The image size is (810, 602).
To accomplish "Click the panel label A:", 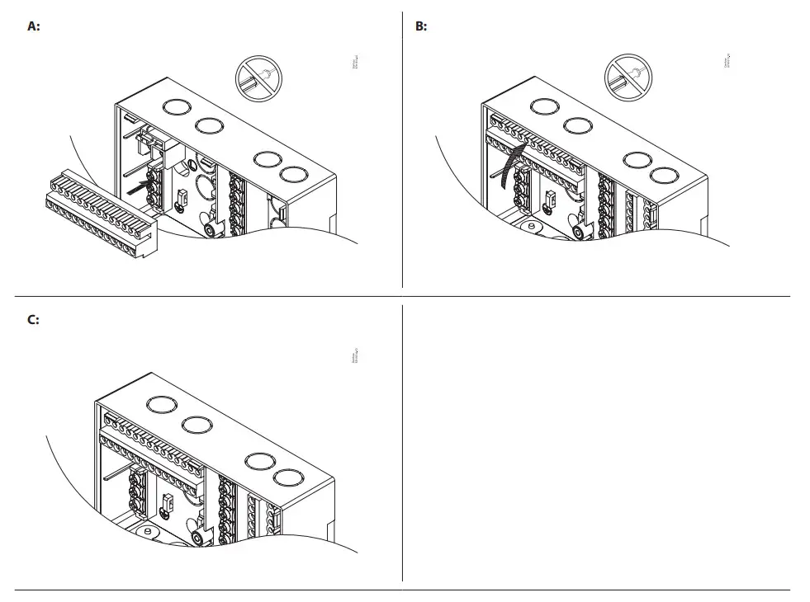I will (x=34, y=26).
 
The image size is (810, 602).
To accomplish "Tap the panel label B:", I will (x=421, y=26).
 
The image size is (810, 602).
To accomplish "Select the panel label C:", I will (x=34, y=320).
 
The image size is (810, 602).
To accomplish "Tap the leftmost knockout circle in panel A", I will (x=175, y=107).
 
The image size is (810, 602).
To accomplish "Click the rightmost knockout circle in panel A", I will (x=291, y=175).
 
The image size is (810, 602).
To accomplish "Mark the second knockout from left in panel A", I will (x=207, y=125).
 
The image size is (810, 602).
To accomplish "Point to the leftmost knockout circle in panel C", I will (x=159, y=404).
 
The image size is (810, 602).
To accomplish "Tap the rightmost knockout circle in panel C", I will (x=287, y=477).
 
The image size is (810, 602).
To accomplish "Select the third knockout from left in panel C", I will (x=259, y=461).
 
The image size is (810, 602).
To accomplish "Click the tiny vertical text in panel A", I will (x=355, y=63).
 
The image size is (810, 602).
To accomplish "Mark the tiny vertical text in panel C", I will (x=355, y=358).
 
